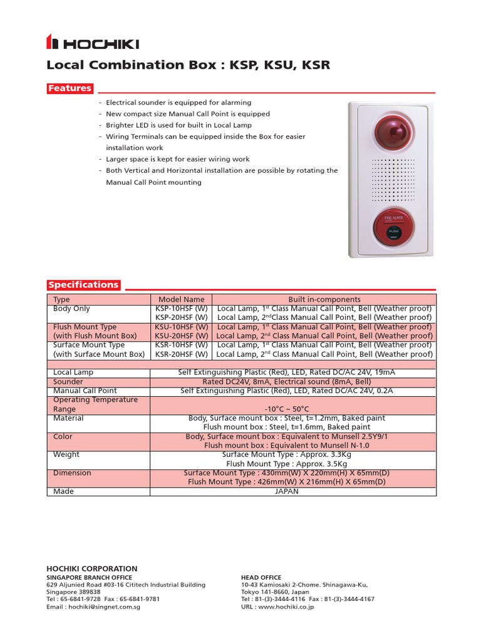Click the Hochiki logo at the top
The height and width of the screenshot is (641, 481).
(93, 43)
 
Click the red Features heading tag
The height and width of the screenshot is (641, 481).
(70, 88)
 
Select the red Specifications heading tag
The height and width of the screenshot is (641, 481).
(83, 285)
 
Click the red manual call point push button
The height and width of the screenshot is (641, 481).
(393, 230)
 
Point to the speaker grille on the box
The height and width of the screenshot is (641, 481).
(393, 178)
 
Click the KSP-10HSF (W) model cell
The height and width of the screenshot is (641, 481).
(182, 309)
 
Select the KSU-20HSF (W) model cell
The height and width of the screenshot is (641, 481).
(182, 336)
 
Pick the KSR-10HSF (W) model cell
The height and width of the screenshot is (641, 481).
(182, 345)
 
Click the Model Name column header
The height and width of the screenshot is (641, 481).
(182, 300)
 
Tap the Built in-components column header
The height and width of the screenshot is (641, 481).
(324, 300)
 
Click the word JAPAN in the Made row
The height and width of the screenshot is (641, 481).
(287, 491)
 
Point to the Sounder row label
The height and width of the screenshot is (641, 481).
(68, 381)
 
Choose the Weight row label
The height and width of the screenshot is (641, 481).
(66, 454)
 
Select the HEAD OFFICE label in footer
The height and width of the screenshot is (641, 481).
(261, 577)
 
